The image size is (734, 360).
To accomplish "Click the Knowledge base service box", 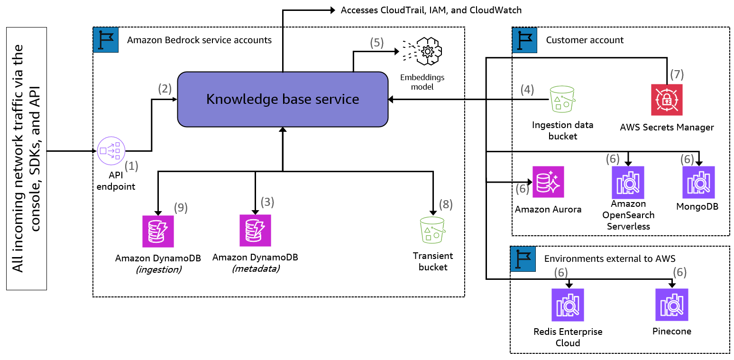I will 283,99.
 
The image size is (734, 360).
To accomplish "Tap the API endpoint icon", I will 110,151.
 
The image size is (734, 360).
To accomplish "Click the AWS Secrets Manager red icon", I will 667,100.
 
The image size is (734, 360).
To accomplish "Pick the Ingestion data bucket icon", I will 562,100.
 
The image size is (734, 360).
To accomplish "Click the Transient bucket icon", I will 432,231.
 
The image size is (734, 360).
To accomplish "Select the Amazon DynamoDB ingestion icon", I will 158,231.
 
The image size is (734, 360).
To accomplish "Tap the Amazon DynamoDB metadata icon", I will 255,231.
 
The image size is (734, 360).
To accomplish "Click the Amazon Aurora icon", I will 548,182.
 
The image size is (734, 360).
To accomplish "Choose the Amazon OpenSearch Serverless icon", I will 628,182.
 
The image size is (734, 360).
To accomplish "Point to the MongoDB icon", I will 698,182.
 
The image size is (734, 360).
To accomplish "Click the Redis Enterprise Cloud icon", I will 568,305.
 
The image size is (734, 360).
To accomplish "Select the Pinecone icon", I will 671,305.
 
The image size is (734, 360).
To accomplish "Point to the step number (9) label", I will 181,207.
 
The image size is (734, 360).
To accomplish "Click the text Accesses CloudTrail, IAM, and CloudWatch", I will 431,10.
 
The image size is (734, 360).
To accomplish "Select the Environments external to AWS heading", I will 609,258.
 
